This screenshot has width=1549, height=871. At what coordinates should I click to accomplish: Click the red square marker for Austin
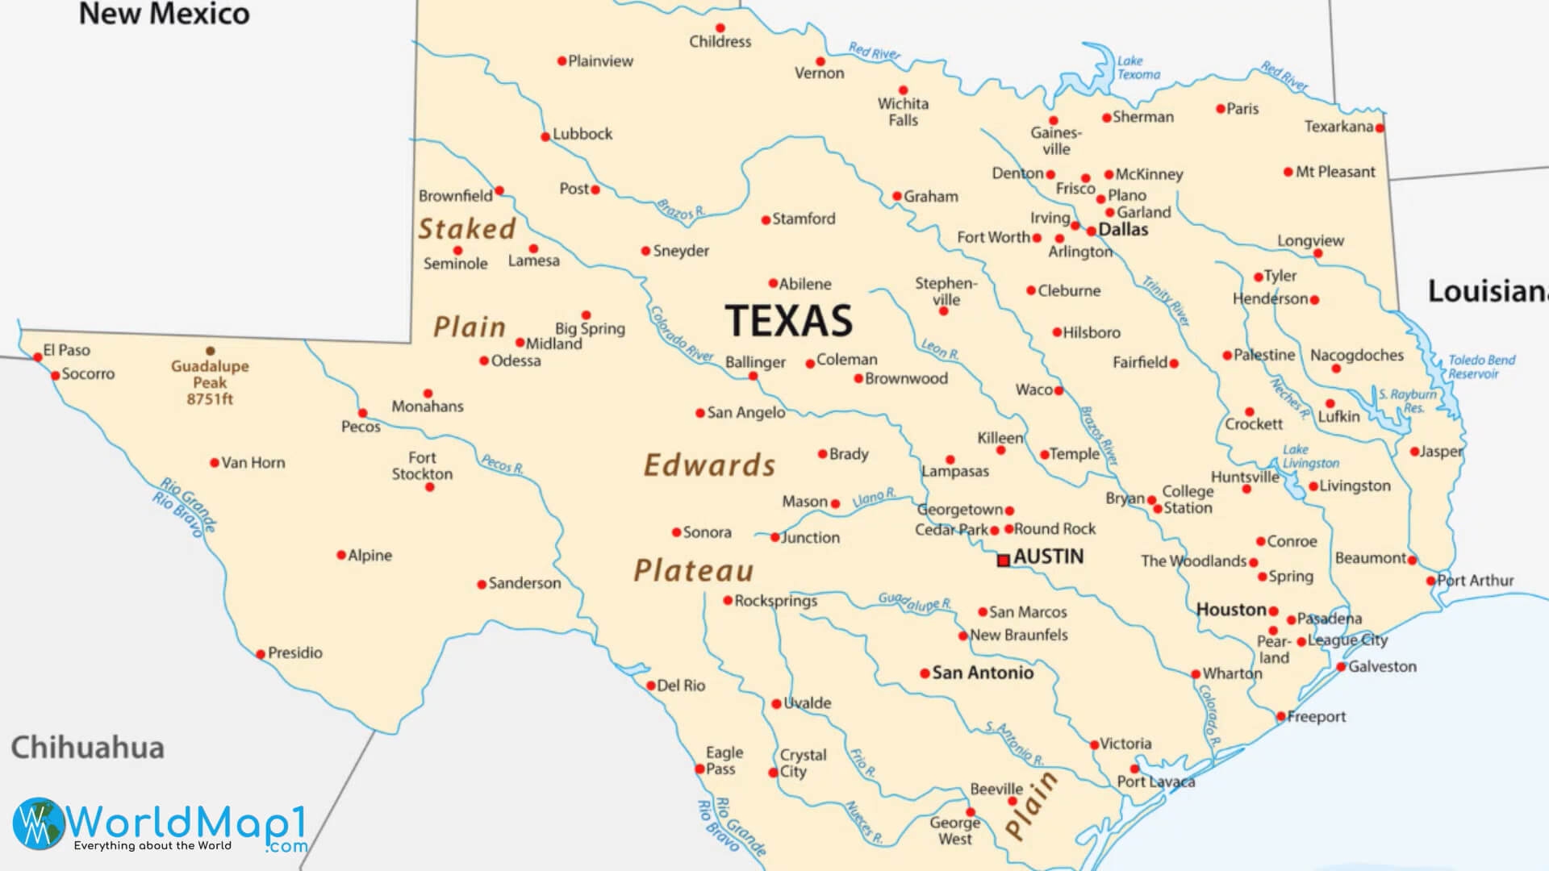click(1004, 560)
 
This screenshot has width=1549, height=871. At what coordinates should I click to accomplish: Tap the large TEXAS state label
click(788, 321)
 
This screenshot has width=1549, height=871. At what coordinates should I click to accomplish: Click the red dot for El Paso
click(37, 356)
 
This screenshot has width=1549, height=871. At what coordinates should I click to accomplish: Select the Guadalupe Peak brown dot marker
click(211, 351)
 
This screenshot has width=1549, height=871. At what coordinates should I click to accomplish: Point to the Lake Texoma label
click(1138, 68)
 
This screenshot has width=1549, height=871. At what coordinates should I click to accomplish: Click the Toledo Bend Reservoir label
click(1480, 367)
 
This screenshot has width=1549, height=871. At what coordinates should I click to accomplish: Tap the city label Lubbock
click(582, 134)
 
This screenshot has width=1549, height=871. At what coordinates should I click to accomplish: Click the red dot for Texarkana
click(1380, 128)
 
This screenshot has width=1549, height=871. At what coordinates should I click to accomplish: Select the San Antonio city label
click(982, 673)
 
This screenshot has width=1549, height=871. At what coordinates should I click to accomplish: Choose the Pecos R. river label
click(503, 464)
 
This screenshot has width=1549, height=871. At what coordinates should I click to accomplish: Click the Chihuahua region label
click(87, 748)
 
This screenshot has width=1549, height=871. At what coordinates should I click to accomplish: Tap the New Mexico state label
click(164, 14)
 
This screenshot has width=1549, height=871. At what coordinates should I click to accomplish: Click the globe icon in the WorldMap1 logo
click(38, 823)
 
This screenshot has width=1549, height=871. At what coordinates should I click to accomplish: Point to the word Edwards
click(709, 465)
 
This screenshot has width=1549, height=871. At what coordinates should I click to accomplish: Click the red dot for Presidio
click(261, 654)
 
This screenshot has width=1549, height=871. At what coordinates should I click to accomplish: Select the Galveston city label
click(1381, 667)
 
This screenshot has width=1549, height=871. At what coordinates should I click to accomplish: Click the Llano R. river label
click(874, 498)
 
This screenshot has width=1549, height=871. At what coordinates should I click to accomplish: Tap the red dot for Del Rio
click(651, 686)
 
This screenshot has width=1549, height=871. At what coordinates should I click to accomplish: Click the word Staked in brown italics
click(466, 229)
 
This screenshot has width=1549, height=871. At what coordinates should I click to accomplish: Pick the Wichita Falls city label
click(903, 112)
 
